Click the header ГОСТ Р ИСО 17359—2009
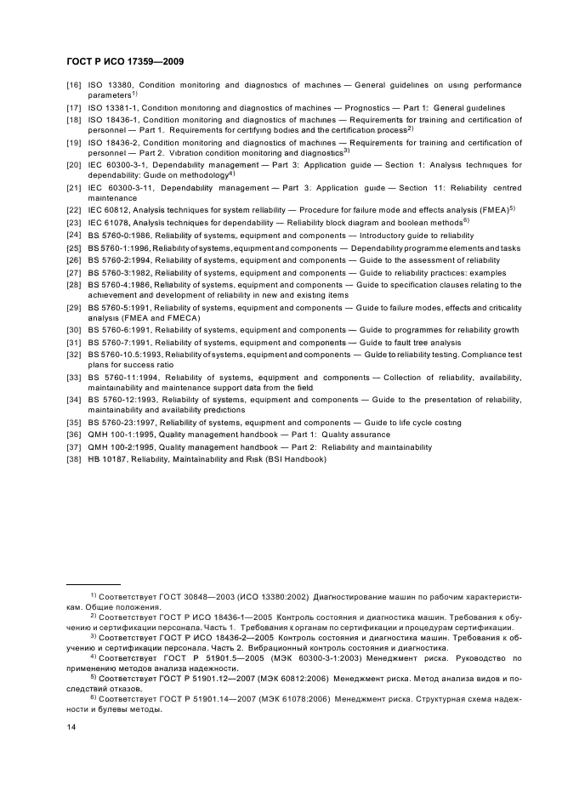coord(126,62)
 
